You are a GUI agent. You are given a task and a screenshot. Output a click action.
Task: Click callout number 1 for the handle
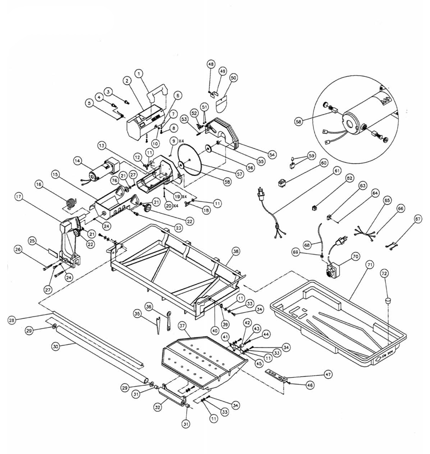tap(139, 74)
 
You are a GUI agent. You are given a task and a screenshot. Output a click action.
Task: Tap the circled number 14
tap(77, 161)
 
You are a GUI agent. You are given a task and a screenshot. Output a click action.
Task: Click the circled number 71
tap(369, 265)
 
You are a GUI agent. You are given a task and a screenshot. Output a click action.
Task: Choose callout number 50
tap(233, 77)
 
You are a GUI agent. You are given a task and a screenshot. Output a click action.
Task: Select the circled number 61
tap(337, 171)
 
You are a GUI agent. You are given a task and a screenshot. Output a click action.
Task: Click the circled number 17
tap(19, 197)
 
